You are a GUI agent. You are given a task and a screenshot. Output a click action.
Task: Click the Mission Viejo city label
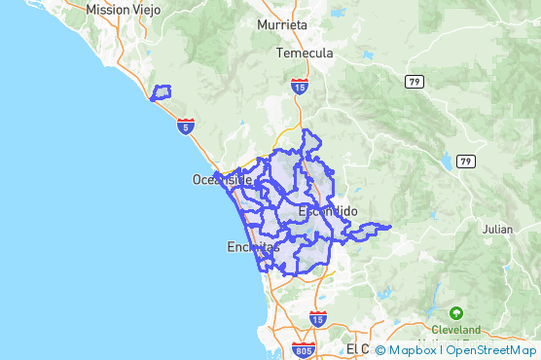[123, 9]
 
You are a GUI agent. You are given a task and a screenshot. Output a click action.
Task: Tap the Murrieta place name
[282, 23]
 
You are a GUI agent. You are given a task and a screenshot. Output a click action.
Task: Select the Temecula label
[305, 53]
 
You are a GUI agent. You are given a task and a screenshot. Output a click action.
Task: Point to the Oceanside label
[222, 179]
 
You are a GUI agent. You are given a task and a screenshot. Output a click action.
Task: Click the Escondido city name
[328, 211]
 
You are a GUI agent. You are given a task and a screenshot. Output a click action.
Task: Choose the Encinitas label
[252, 247]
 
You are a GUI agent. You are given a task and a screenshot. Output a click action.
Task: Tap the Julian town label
[497, 230]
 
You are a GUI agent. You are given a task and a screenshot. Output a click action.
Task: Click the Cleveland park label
[456, 329]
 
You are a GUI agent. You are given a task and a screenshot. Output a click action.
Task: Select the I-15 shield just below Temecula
[299, 87]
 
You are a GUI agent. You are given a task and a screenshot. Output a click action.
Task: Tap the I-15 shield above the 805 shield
[317, 318]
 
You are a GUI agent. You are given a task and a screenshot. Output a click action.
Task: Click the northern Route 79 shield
[415, 81]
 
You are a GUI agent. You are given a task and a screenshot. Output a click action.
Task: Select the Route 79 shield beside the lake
[466, 161]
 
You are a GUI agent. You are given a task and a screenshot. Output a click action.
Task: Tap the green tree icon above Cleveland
[456, 313]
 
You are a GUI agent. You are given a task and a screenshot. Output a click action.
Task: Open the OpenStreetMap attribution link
[490, 349]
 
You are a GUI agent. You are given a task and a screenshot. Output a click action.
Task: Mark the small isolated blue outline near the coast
[160, 93]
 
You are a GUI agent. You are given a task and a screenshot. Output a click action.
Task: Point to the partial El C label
[357, 348]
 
